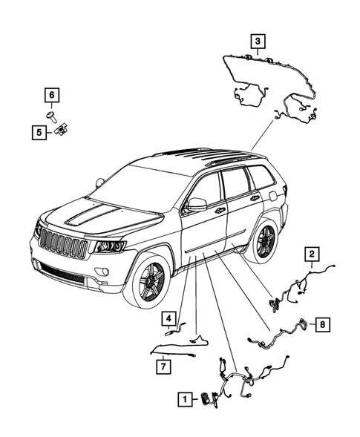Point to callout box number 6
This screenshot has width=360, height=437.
[x=53, y=95]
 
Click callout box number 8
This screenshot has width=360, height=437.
[x=323, y=324]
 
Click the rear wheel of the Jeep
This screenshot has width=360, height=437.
[x=264, y=239]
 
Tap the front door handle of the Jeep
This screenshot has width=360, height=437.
[x=220, y=211]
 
